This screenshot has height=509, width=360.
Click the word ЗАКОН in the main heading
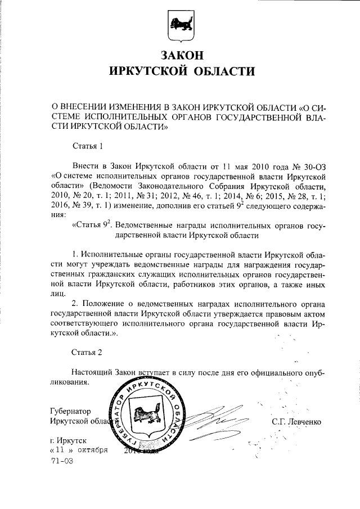[181, 56]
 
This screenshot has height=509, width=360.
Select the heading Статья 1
[88, 148]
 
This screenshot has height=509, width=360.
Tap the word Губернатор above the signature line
[71, 411]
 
